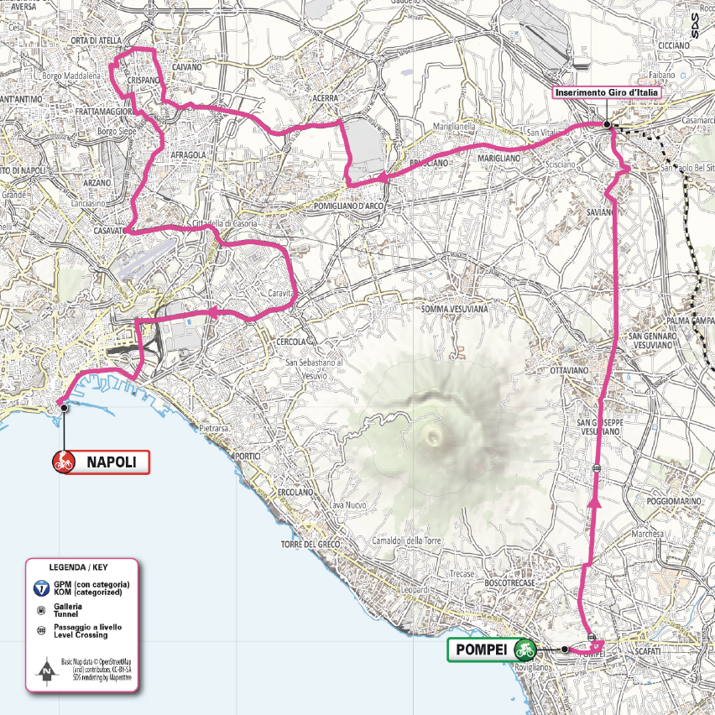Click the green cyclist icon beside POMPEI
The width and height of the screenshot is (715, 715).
525,650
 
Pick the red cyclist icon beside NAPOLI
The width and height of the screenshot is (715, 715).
63,461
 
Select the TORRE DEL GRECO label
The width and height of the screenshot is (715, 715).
311,545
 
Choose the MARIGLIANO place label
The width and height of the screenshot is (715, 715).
499,158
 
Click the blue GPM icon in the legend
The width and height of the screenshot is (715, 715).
41,587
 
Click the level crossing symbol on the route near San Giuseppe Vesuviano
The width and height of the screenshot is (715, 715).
596,467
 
